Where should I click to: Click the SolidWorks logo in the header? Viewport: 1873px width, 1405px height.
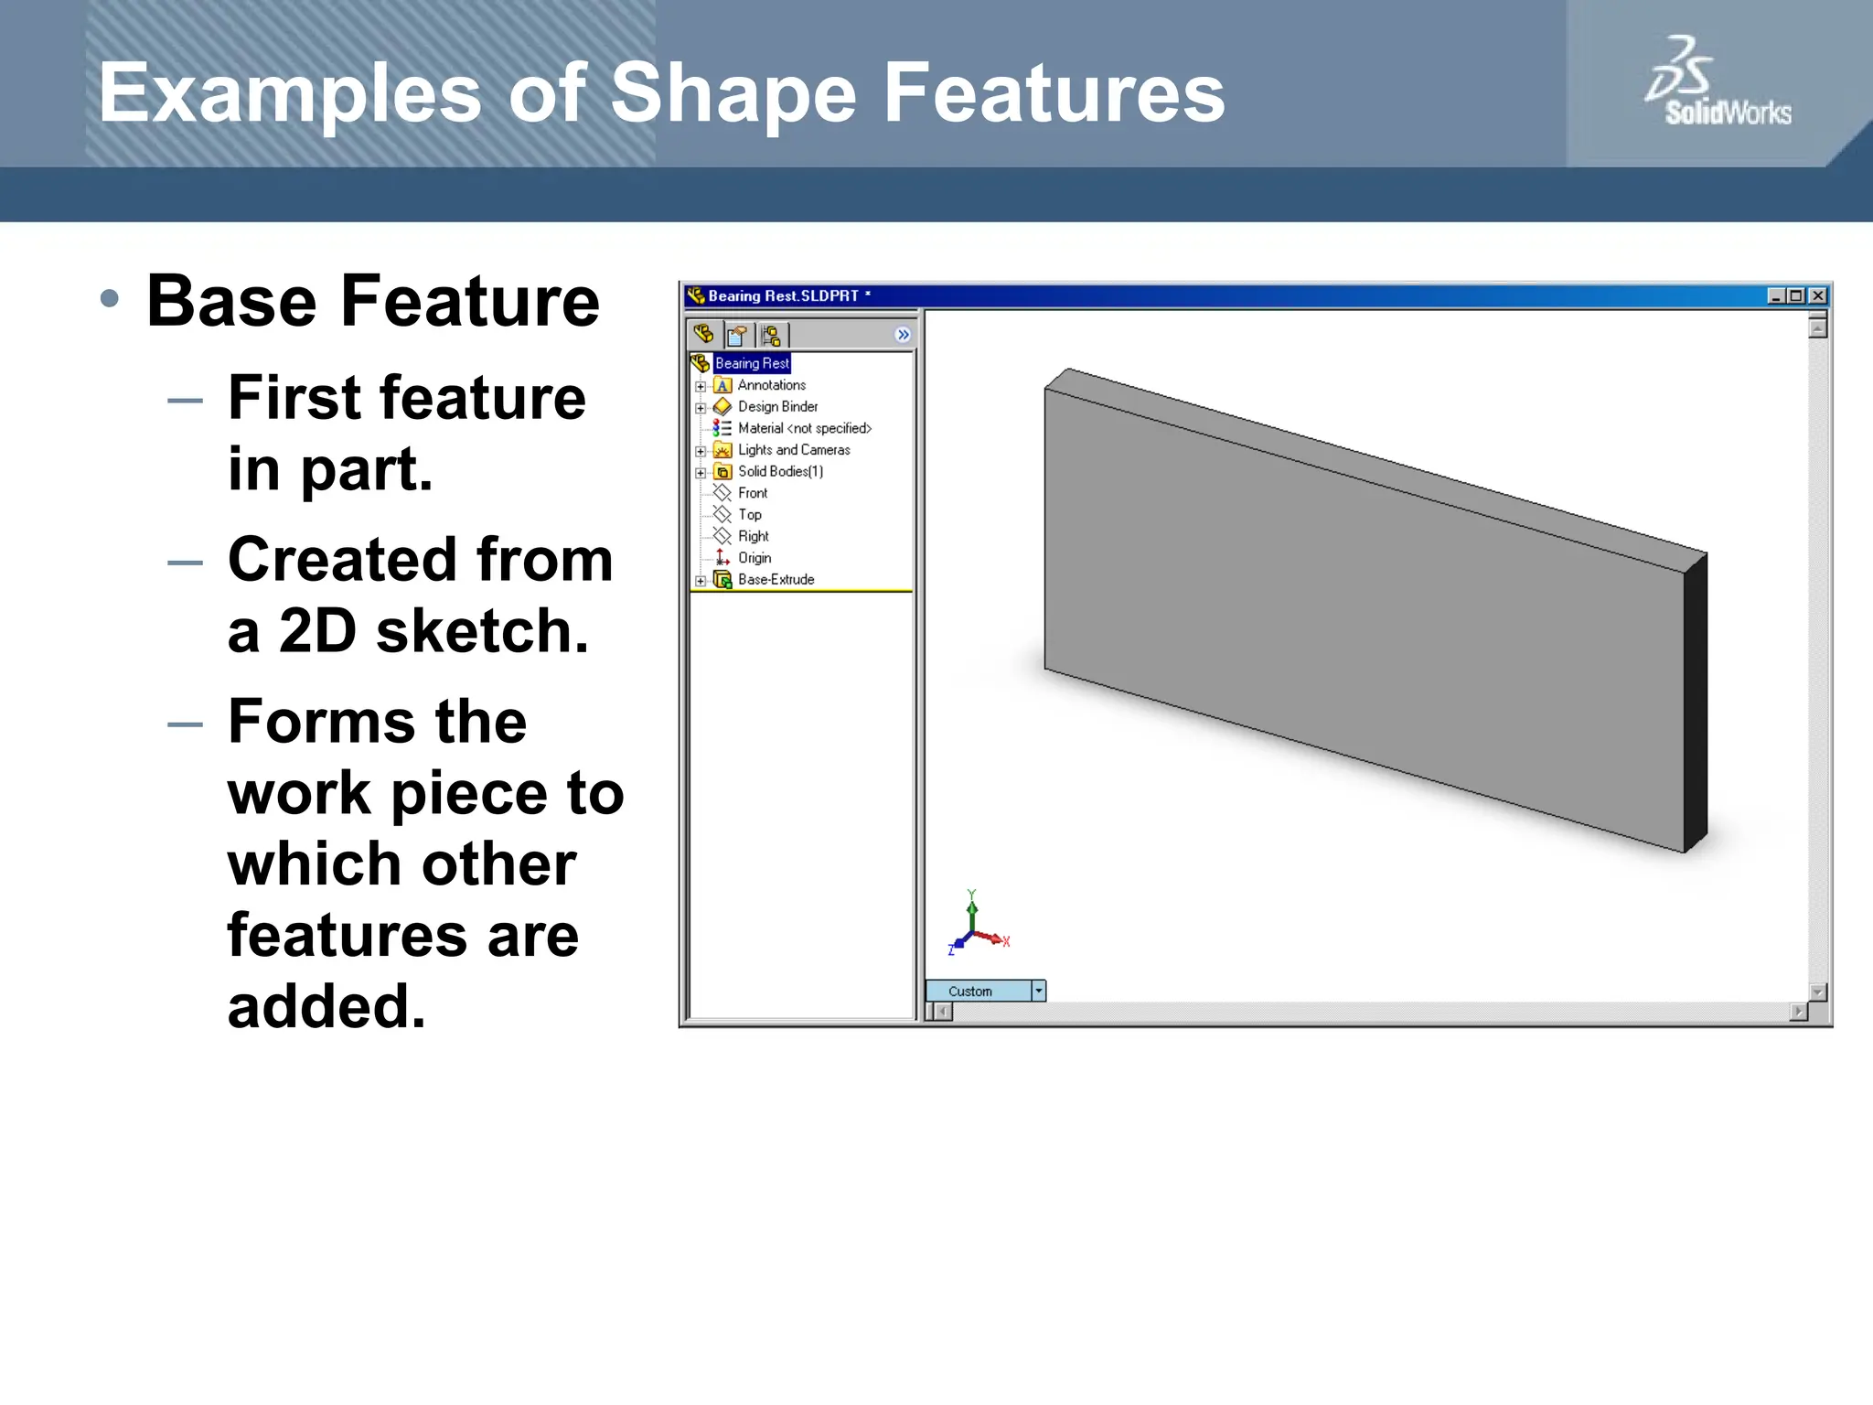[1717, 83]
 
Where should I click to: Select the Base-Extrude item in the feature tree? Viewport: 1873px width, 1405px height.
[775, 580]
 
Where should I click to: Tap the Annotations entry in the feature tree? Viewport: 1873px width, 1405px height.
[771, 385]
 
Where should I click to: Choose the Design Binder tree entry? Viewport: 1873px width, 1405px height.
[777, 407]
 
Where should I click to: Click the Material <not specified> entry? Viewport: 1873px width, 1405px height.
[804, 428]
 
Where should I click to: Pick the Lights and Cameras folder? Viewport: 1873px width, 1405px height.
[793, 450]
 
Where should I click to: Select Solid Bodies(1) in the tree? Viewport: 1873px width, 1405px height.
[779, 472]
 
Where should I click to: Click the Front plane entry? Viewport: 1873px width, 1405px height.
[752, 493]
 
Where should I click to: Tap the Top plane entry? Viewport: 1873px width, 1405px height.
[749, 515]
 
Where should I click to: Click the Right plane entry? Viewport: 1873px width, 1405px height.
[753, 537]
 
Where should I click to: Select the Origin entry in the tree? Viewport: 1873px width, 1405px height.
[754, 558]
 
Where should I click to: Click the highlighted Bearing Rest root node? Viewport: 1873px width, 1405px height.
[751, 363]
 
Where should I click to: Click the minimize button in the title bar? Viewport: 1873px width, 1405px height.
[1775, 295]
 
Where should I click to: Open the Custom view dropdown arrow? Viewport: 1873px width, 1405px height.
[1038, 991]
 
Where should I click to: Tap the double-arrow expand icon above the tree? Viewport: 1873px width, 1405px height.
[903, 335]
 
